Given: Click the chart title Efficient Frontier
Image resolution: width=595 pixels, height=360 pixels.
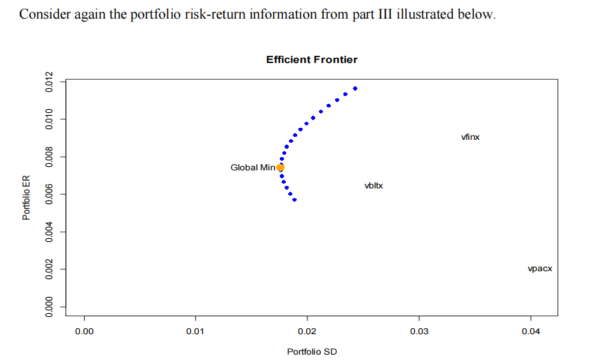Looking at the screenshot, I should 312,59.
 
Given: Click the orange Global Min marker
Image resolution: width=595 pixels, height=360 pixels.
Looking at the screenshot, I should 280,167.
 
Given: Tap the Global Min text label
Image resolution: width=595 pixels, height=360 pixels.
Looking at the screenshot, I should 252,167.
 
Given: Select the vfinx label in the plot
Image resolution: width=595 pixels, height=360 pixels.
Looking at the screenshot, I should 470,137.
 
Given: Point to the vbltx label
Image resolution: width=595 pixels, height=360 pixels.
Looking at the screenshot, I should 373,186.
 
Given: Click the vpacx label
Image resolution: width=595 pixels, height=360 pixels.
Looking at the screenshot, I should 540,269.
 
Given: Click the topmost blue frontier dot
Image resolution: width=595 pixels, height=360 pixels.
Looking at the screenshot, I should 355,88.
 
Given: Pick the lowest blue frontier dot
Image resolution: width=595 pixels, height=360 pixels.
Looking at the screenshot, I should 294,199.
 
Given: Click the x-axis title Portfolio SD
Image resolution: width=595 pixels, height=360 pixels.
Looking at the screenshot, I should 312,352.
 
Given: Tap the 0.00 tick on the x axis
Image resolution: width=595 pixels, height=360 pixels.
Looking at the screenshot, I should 84,331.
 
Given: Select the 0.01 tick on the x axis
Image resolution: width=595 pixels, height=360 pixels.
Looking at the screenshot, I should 196,331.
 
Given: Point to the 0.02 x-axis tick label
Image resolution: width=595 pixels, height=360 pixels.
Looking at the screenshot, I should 307,331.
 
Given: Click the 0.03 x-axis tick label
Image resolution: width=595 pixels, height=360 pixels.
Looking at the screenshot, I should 418,331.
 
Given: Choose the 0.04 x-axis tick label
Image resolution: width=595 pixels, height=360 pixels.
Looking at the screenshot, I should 530,331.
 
